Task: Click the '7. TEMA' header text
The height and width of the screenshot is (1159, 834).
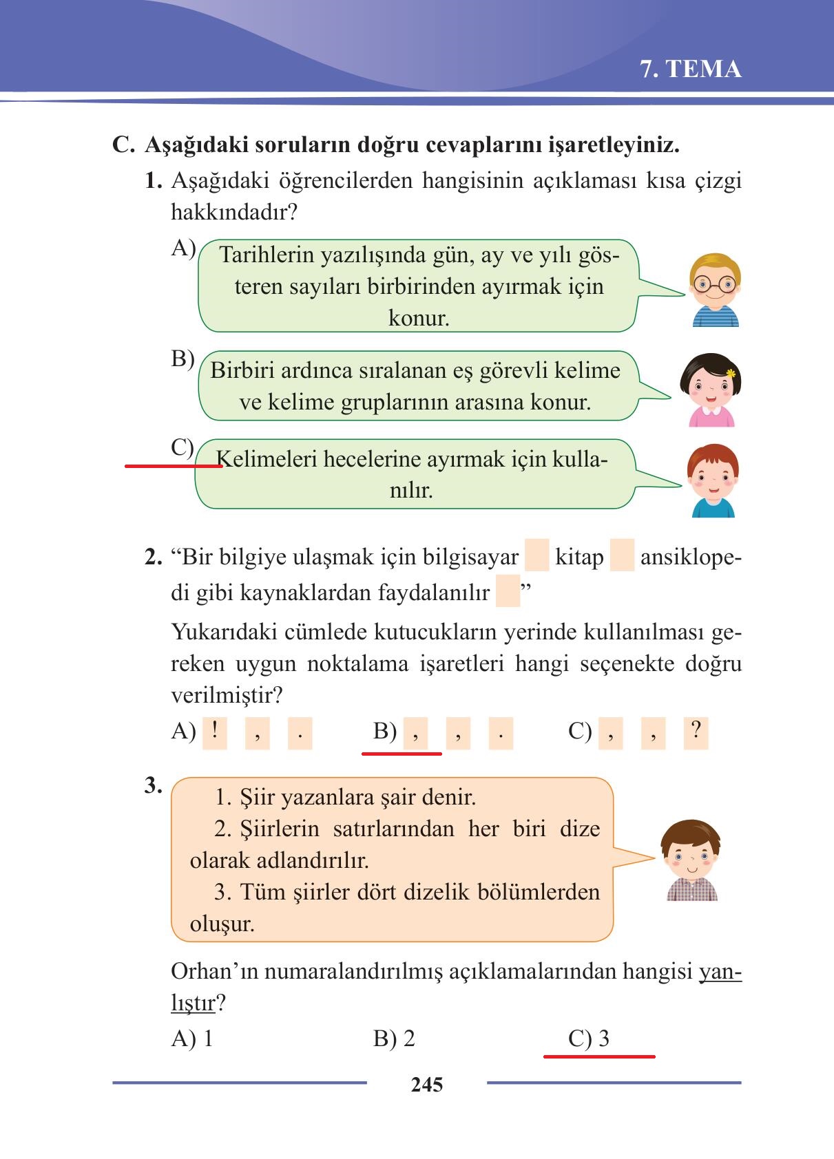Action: pos(691,70)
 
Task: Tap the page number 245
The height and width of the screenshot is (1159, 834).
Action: pos(426,1085)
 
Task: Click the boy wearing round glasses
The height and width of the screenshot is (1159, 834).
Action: pos(714,290)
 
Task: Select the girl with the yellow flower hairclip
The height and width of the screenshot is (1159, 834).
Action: pos(709,390)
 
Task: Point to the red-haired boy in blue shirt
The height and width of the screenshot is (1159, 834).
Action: pos(713,480)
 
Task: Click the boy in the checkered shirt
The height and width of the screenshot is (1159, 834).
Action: pos(691,861)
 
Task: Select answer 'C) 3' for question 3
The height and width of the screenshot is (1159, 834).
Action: pos(589,1038)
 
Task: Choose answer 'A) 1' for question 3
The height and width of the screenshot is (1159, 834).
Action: pos(192,1038)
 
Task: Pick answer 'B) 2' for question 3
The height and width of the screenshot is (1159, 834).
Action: pos(394,1038)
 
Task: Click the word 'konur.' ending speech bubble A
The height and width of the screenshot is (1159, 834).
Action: pos(419,318)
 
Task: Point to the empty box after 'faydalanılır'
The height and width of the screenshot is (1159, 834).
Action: pos(508,592)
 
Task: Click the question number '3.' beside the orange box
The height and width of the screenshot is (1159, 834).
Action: pos(153,785)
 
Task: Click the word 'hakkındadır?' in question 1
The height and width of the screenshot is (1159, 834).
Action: pos(234,212)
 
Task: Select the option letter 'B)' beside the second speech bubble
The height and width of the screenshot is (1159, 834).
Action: pos(183,359)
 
